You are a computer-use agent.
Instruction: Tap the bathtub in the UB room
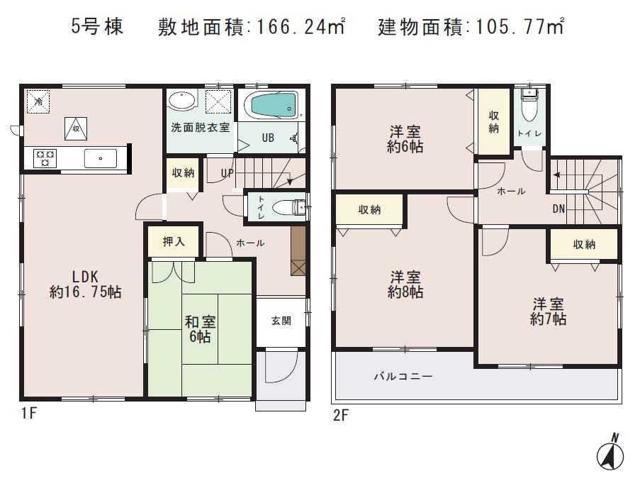coord(270,106)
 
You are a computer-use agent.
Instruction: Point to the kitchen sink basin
coord(100,157)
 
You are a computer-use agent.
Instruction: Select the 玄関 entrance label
coord(281,321)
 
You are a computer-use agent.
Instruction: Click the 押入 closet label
coord(174,242)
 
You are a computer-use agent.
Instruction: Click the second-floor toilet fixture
coord(529,109)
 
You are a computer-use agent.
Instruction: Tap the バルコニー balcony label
coord(403,376)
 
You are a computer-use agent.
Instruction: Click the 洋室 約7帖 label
coord(549,311)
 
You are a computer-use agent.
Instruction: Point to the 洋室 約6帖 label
coord(405,139)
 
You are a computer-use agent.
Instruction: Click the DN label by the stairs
coord(559,209)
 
